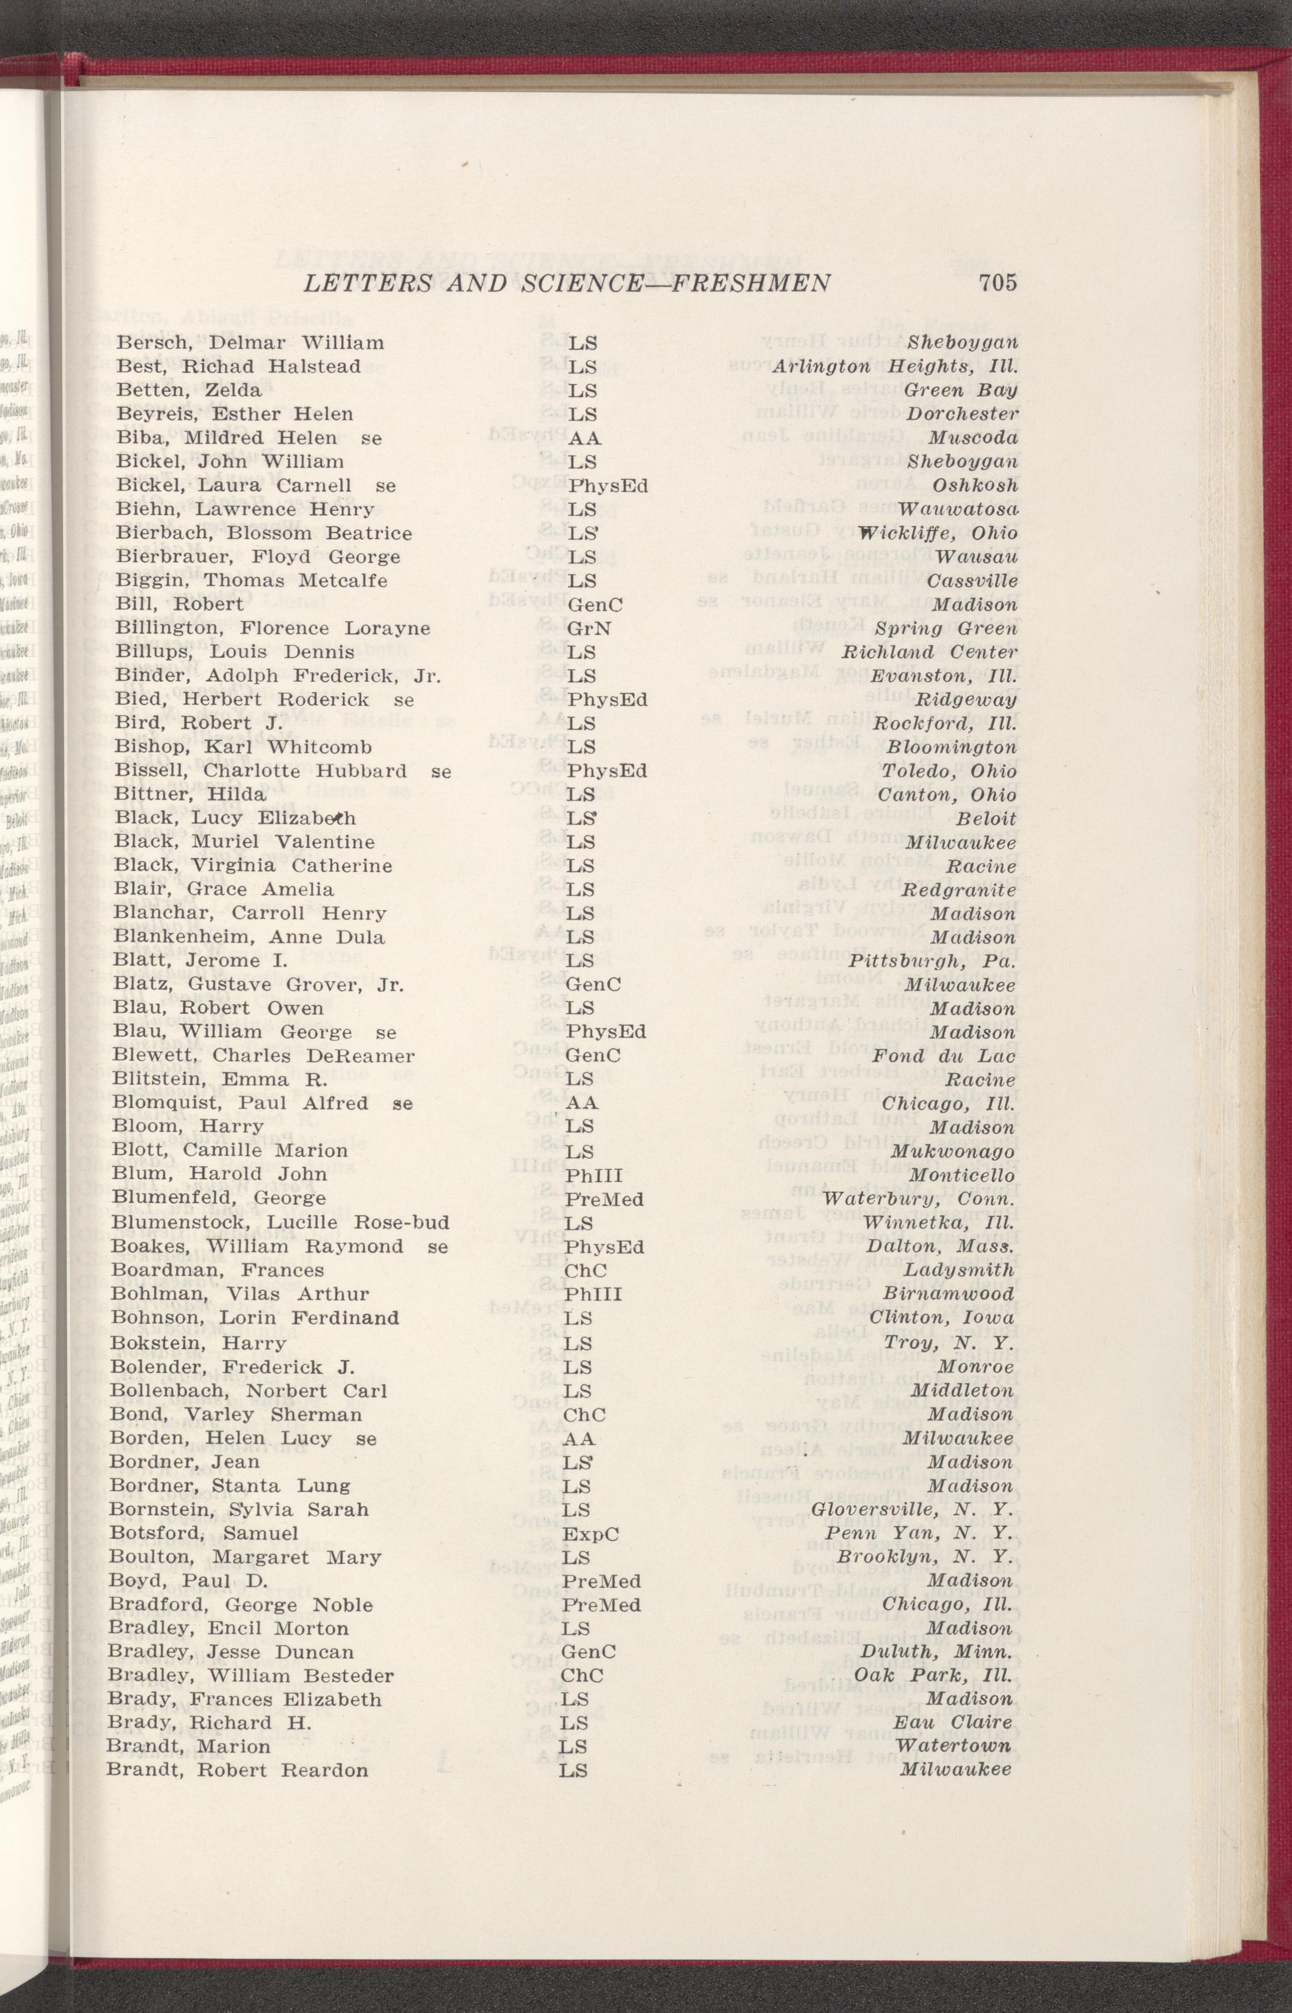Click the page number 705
click(x=997, y=283)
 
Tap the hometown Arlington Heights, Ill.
click(x=895, y=367)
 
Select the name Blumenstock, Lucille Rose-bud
click(x=280, y=1223)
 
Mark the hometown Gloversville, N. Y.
click(x=913, y=1510)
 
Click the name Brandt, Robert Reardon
click(x=237, y=1771)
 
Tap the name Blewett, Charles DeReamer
click(x=263, y=1056)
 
